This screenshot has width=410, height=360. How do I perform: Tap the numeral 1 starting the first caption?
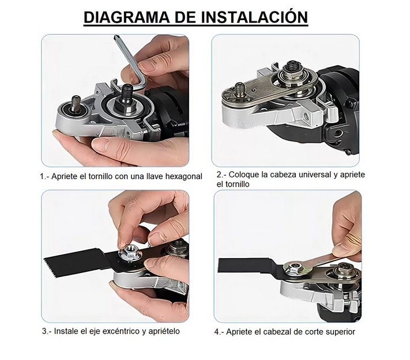42,177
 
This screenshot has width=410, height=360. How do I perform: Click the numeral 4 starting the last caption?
217,332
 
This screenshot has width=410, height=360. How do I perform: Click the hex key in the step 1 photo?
128,63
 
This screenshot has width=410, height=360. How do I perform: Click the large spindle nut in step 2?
292,71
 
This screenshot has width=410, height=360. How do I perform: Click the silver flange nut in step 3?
129,252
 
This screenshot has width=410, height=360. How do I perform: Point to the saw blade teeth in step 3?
48,266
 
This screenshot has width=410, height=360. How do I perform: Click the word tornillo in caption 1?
100,177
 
